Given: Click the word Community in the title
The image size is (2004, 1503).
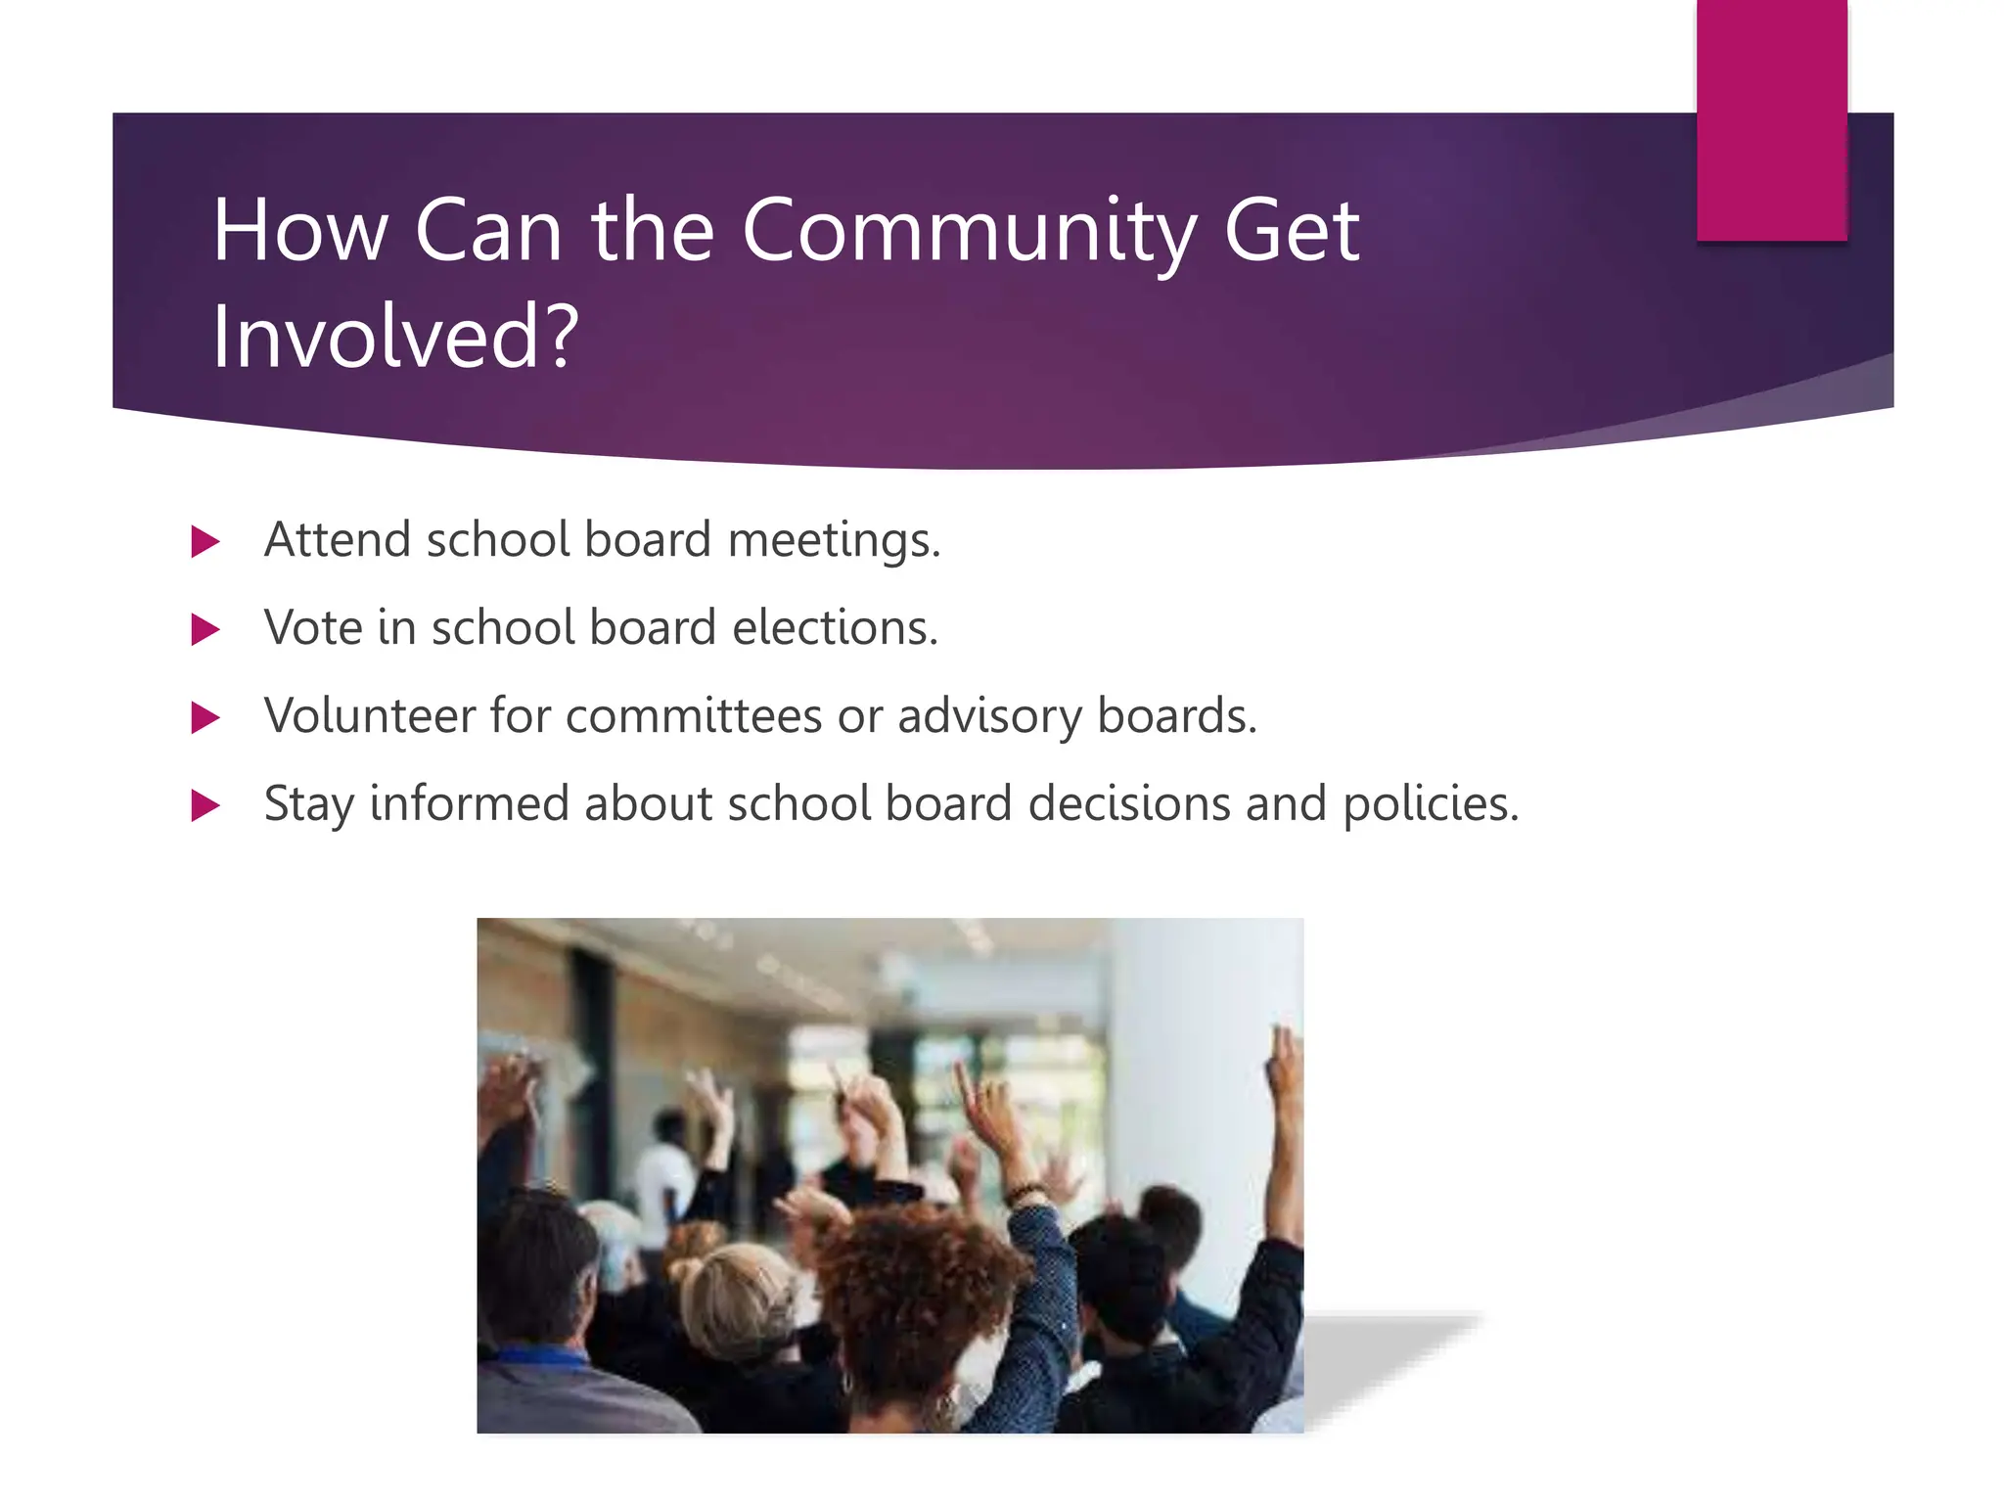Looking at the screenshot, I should click(969, 232).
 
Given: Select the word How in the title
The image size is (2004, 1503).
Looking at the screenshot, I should click(299, 232).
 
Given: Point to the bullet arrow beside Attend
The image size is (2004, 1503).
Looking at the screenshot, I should click(205, 541).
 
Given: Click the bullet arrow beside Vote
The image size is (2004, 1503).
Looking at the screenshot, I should click(205, 629).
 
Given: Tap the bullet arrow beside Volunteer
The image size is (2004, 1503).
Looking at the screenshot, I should click(205, 717).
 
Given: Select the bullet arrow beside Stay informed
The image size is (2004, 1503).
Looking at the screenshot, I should click(205, 805).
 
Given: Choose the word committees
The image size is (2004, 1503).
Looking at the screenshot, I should click(694, 715).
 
